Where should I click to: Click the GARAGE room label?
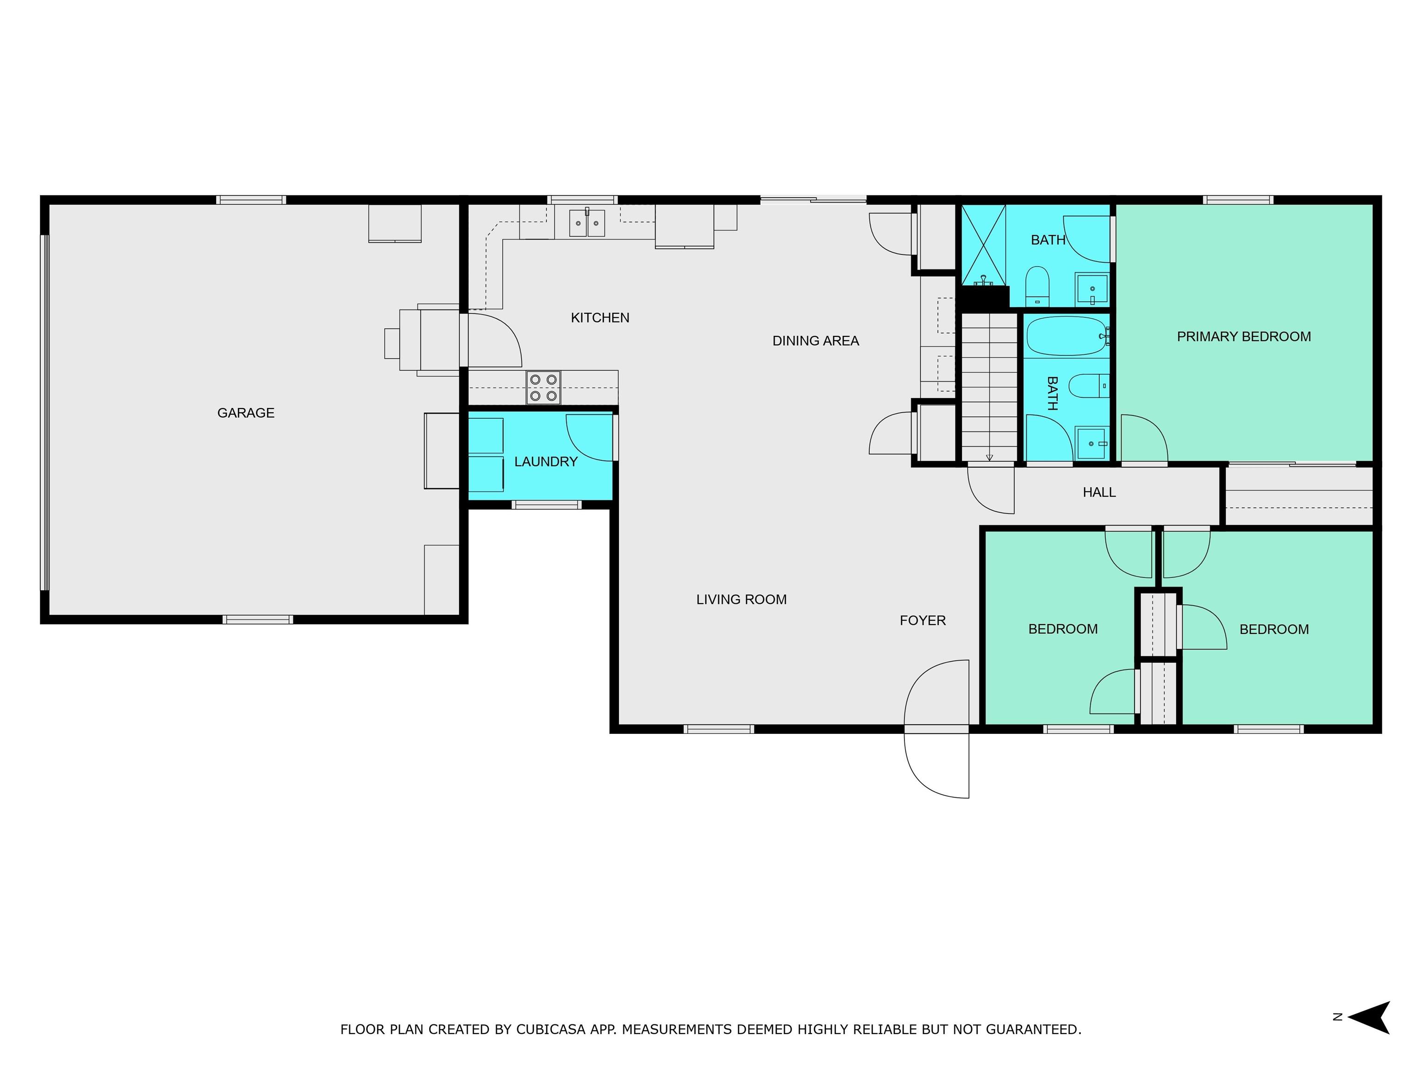tap(246, 413)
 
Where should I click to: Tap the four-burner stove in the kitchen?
tap(543, 387)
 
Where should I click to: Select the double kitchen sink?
tap(587, 223)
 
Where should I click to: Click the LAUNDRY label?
tap(546, 461)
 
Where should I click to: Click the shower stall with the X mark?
tap(983, 244)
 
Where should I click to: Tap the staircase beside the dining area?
tap(989, 385)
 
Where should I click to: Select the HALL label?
tap(1098, 492)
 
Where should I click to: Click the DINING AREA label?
tap(815, 341)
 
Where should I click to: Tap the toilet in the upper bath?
tap(1037, 286)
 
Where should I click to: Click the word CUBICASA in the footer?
tap(551, 1029)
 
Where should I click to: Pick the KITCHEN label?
tap(600, 317)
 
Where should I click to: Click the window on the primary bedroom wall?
tap(1237, 200)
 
